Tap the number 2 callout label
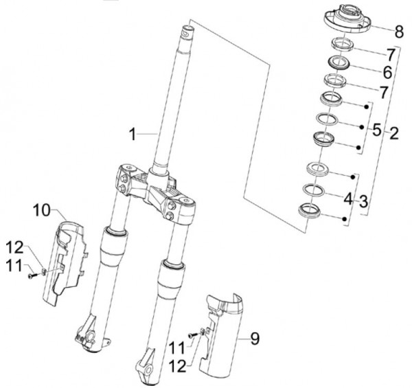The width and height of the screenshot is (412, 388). coord(393,133)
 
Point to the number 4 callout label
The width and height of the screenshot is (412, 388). coord(347,200)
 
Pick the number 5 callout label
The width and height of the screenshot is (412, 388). coord(376,129)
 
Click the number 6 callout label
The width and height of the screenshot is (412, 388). coord(387,72)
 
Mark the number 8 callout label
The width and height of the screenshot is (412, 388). coord(399,31)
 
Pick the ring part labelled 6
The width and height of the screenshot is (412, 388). coord(340,64)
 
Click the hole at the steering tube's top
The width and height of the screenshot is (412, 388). coord(186,30)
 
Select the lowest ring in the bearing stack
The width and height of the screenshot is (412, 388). coord(311,209)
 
